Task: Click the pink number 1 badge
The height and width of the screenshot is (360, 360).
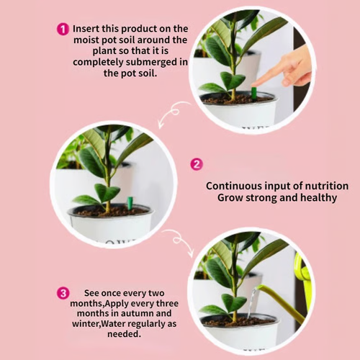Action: click(63, 29)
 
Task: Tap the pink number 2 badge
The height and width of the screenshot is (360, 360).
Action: click(196, 164)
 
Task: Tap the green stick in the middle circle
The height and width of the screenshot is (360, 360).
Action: click(130, 203)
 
